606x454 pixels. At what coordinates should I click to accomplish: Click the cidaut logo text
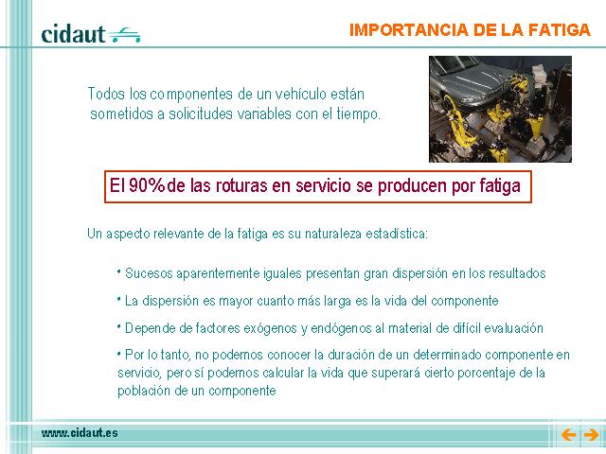pyautogui.click(x=73, y=34)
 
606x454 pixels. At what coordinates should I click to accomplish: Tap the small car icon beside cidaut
pyautogui.click(x=124, y=35)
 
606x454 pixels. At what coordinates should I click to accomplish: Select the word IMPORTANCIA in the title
pyautogui.click(x=409, y=30)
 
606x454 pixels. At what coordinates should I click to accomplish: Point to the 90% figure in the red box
pyautogui.click(x=147, y=185)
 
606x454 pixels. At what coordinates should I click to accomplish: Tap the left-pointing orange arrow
pyautogui.click(x=568, y=435)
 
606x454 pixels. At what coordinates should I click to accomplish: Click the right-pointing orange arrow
pyautogui.click(x=591, y=435)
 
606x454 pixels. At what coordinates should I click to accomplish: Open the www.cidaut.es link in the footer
pyautogui.click(x=80, y=433)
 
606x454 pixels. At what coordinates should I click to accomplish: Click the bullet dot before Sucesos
pyautogui.click(x=119, y=271)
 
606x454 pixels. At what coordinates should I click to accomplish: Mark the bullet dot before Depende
pyautogui.click(x=119, y=326)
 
